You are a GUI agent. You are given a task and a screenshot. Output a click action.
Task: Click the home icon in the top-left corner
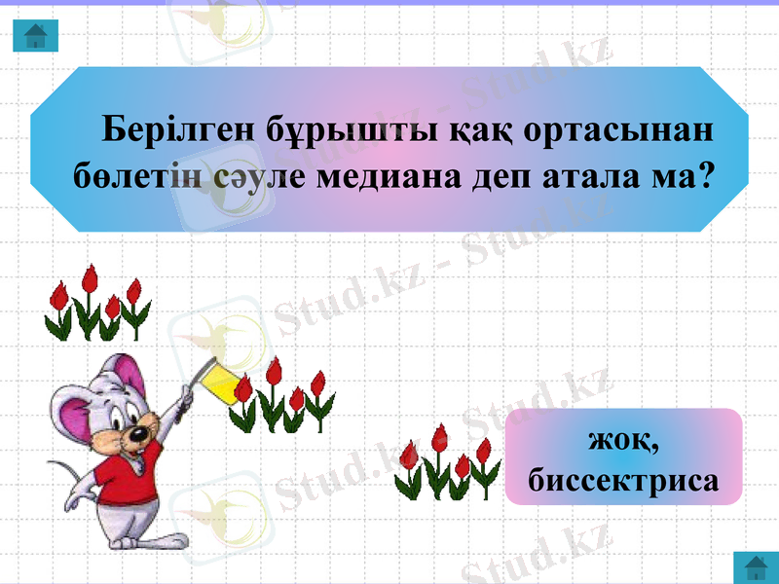[x=36, y=36]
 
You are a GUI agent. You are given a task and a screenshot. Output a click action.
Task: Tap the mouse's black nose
[x=142, y=433]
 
